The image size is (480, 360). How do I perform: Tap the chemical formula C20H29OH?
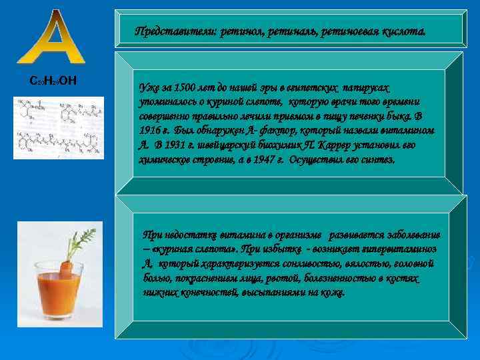pos(54,81)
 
